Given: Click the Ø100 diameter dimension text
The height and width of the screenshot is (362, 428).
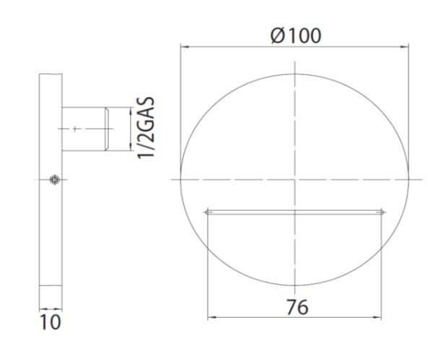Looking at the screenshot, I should click(x=296, y=33).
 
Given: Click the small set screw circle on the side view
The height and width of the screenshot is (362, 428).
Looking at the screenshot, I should click(x=53, y=179).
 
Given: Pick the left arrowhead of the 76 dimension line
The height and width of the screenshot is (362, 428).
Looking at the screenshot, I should click(x=211, y=317).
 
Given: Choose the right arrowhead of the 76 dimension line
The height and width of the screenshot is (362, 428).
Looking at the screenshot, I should click(x=380, y=317).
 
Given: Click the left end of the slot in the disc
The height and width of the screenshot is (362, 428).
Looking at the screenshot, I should click(x=208, y=212).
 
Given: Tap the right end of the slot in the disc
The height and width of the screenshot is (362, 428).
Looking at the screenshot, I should click(x=383, y=212).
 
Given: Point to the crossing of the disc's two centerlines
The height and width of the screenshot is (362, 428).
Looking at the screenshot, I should click(x=295, y=178).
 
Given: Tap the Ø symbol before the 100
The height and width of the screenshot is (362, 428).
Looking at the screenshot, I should click(x=280, y=33).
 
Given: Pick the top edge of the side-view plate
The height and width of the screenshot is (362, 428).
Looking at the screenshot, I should click(x=50, y=74).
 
